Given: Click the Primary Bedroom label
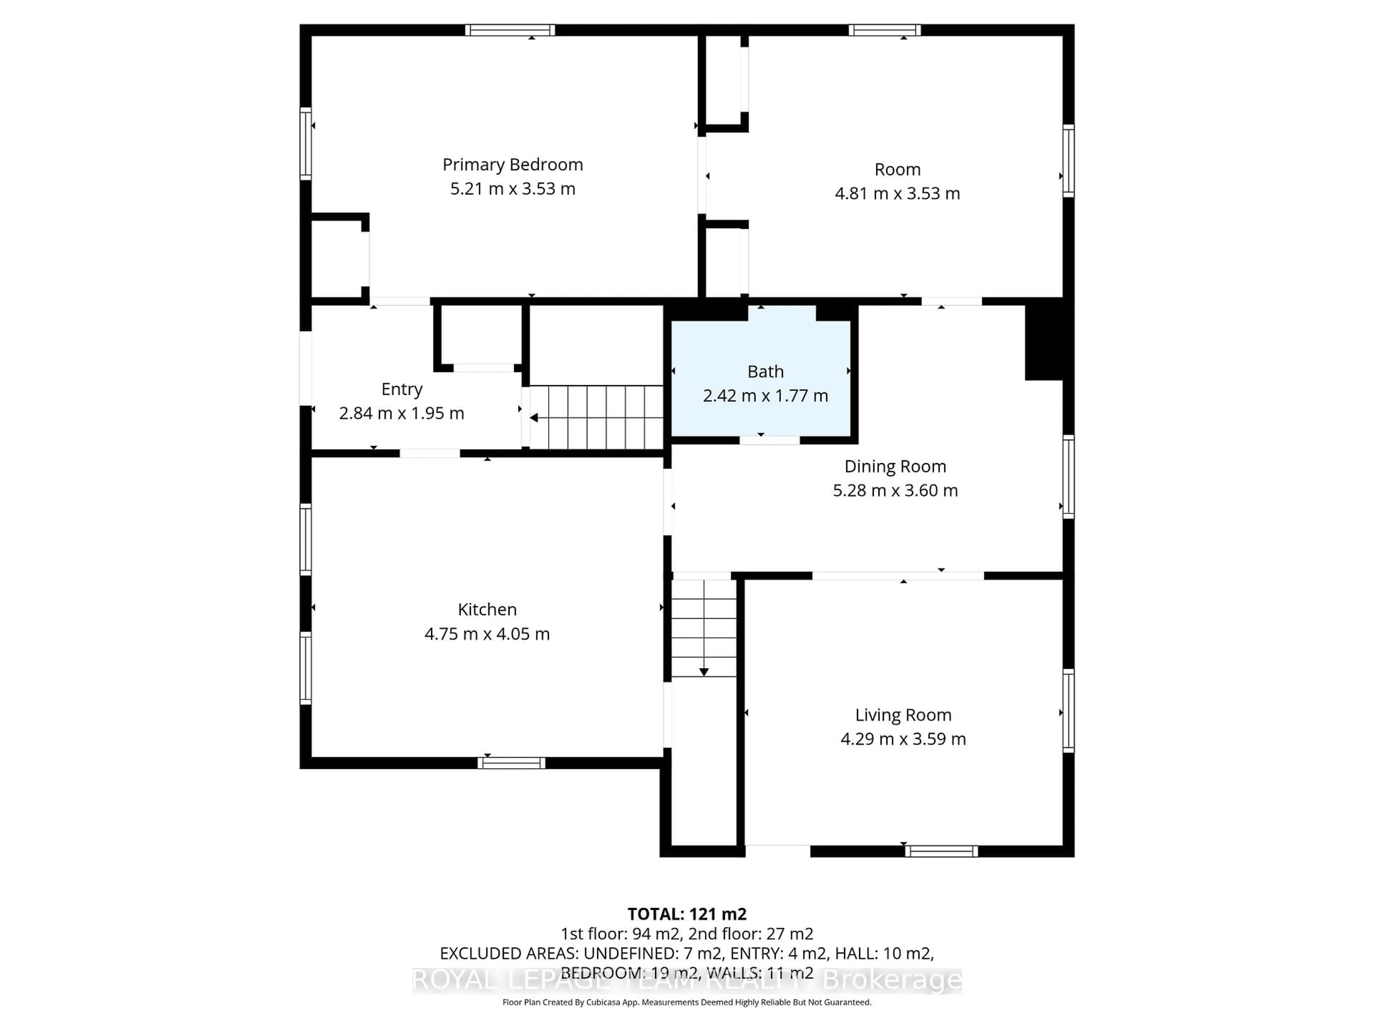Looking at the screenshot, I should tap(512, 165).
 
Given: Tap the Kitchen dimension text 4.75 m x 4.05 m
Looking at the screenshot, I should tap(487, 634).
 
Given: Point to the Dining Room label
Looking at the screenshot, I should tap(895, 466).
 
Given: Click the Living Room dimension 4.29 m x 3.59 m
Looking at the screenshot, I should tap(903, 739).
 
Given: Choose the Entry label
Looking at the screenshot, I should tap(402, 389).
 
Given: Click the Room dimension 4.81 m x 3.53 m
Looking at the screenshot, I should tap(897, 193).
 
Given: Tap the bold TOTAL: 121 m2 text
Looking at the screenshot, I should tap(686, 914).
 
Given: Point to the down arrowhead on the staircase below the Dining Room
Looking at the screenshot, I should tap(704, 672).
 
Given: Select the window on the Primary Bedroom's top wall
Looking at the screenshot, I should tap(510, 30).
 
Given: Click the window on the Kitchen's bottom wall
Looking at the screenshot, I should tap(511, 763).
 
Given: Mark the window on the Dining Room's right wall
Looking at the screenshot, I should tap(1068, 477).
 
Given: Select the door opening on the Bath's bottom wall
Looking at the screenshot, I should tap(769, 440).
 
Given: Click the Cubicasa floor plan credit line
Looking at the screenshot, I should tap(686, 1002).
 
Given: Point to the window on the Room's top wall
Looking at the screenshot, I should tap(885, 30).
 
